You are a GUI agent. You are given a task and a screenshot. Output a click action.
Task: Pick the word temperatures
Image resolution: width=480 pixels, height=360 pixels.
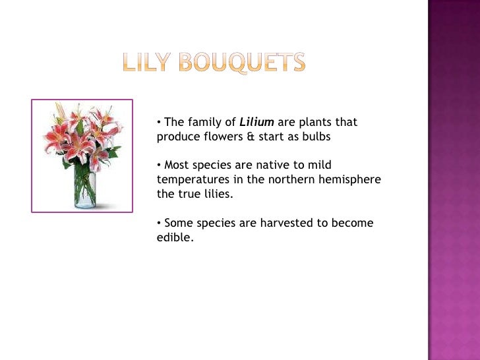(191, 180)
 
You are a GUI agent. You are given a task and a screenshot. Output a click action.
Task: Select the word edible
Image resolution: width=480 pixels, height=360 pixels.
(175, 238)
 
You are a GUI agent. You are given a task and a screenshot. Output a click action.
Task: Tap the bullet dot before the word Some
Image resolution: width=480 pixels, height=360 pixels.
(159, 224)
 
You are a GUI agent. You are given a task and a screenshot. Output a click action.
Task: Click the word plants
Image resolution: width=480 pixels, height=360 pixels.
(317, 122)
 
